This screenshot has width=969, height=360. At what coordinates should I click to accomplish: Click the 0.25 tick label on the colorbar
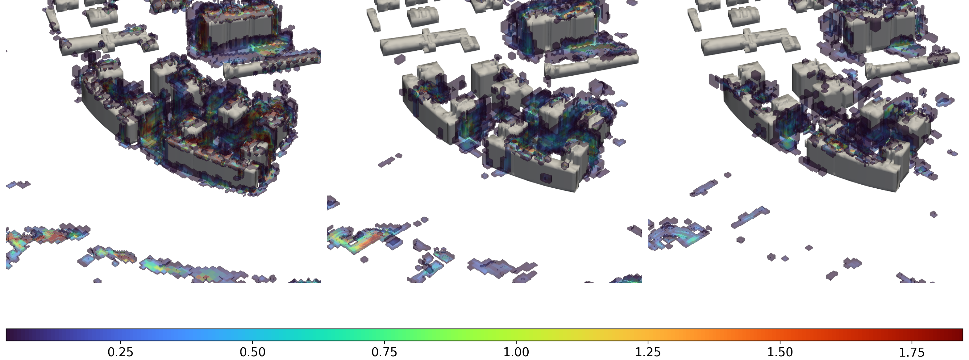point(120,352)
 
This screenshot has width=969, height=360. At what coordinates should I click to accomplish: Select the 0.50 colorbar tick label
point(252,352)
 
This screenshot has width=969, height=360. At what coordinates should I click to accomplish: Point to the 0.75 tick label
point(384,352)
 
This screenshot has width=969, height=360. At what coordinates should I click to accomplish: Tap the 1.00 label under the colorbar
point(516,352)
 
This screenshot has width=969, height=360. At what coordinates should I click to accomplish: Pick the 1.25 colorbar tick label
point(648,352)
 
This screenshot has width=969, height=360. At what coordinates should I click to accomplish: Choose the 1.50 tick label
point(780,352)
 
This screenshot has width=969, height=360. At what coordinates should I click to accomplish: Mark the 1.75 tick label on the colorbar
point(912,352)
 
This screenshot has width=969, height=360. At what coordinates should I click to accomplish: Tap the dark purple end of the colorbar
point(11,335)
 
